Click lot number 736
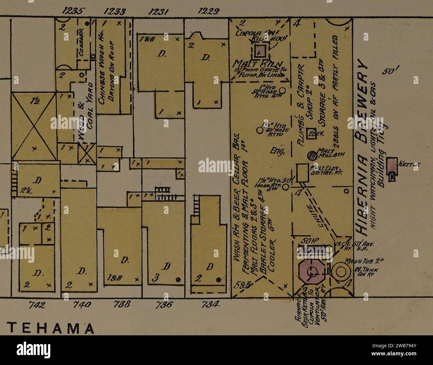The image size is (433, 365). coord(164,305)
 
